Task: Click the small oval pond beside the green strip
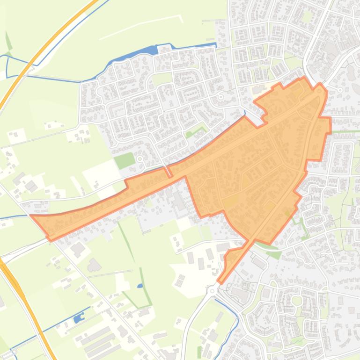pyautogui.click(x=140, y=286)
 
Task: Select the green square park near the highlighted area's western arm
pyautogui.click(x=124, y=161)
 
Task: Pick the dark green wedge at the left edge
pyautogui.click(x=8, y=41)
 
